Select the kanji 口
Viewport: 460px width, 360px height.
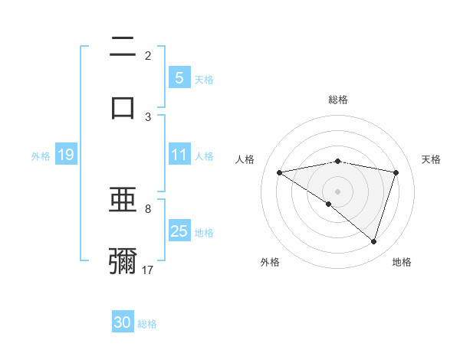pyautogui.click(x=123, y=106)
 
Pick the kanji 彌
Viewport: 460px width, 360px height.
pyautogui.click(x=123, y=260)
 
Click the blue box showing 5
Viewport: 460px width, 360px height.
pyautogui.click(x=179, y=77)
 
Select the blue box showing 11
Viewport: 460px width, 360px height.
pyautogui.click(x=179, y=155)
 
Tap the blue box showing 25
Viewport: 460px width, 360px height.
pyautogui.click(x=179, y=231)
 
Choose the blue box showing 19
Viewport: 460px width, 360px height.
pyautogui.click(x=65, y=155)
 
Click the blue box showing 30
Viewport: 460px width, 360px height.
pyautogui.click(x=123, y=322)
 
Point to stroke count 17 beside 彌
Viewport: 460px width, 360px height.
pyautogui.click(x=148, y=270)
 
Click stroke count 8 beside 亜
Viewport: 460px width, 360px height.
pyautogui.click(x=148, y=208)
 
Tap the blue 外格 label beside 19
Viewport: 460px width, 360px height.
pyautogui.click(x=41, y=156)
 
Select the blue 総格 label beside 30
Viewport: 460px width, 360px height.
pyautogui.click(x=148, y=324)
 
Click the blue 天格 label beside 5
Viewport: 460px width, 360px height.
pyautogui.click(x=204, y=79)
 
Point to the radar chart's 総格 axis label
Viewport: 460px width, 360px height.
pyautogui.click(x=338, y=100)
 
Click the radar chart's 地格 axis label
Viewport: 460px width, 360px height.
pyautogui.click(x=402, y=262)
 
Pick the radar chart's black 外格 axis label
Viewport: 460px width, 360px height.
pyautogui.click(x=270, y=262)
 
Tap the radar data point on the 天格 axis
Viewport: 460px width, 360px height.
pyautogui.click(x=396, y=172)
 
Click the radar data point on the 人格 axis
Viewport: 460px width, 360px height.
pyautogui.click(x=279, y=172)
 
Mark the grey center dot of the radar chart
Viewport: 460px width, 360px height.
pyautogui.click(x=337, y=191)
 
